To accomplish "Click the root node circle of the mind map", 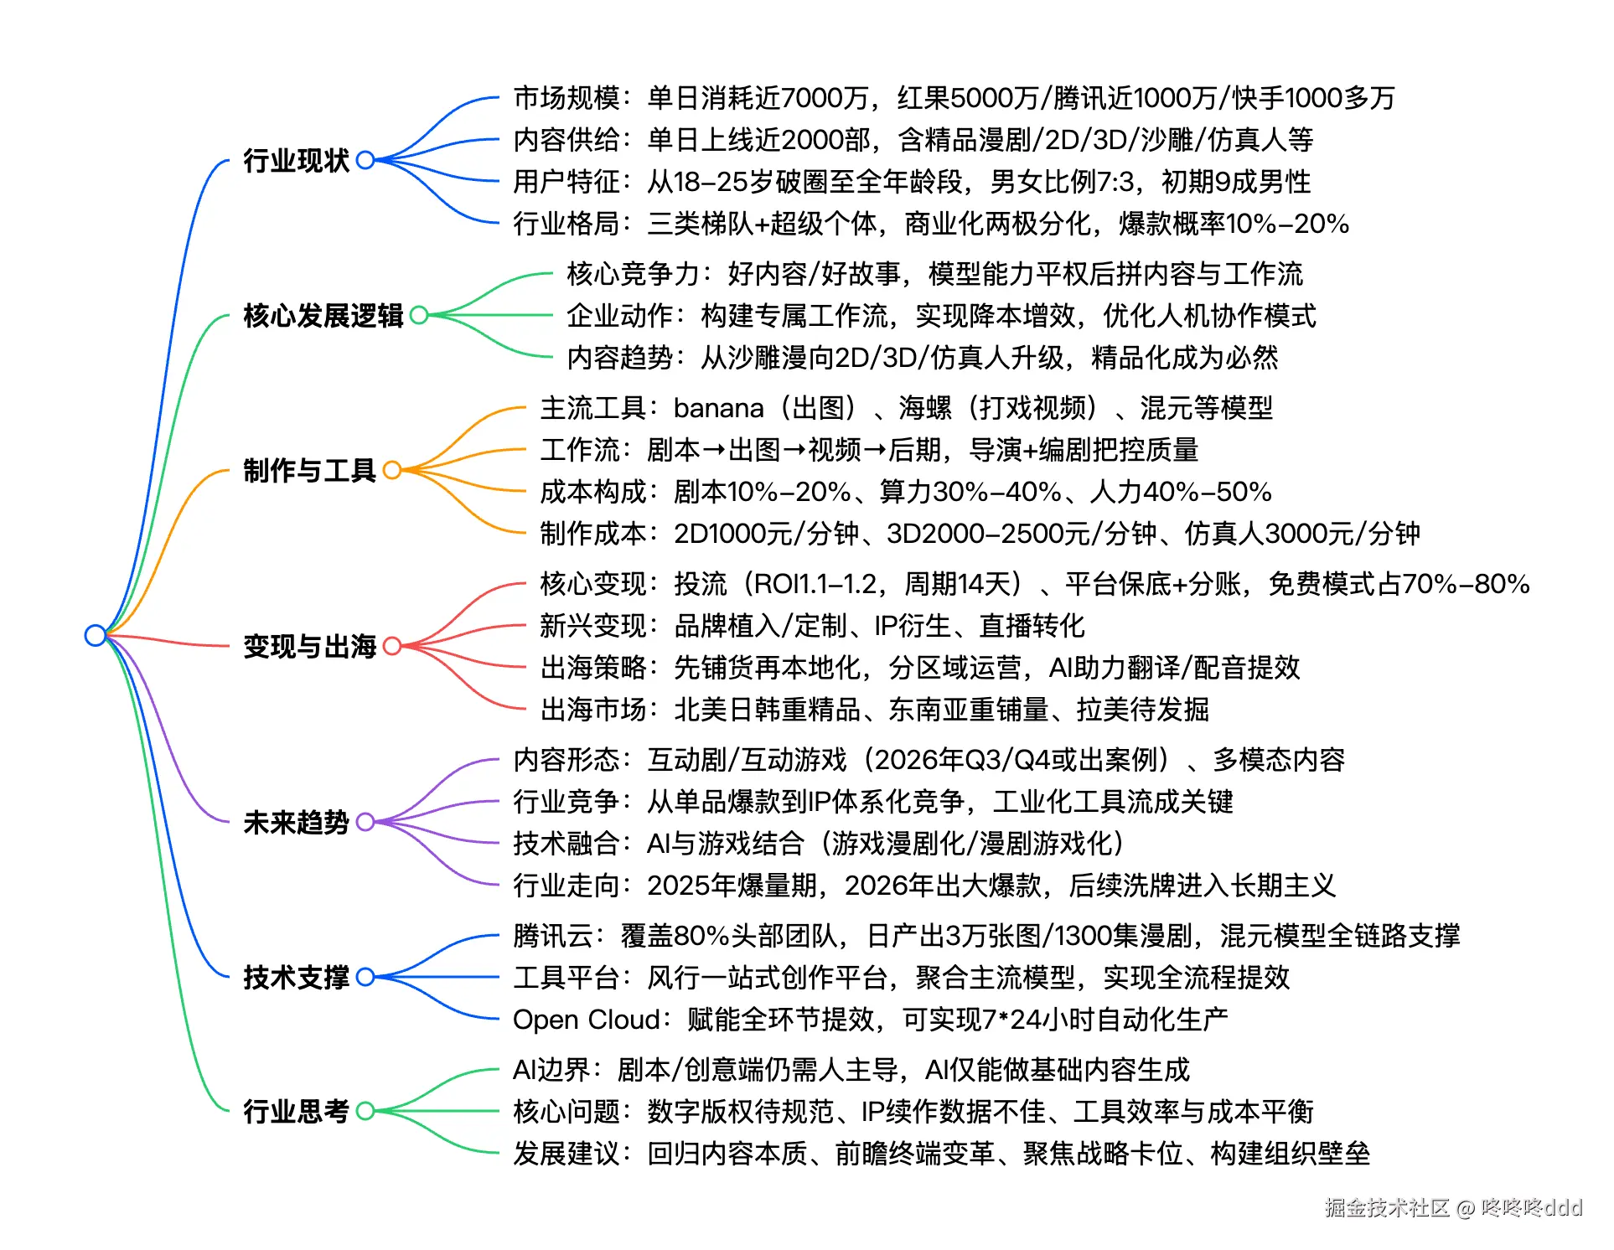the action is [x=96, y=635].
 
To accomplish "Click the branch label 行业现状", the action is [x=296, y=160].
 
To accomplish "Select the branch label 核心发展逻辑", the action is [x=323, y=315].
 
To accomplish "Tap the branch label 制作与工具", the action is [x=309, y=470].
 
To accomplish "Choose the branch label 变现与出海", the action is [x=309, y=646].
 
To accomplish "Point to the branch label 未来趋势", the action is [x=296, y=822].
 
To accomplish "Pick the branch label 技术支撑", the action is [x=296, y=977].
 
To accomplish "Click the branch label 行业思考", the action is [x=296, y=1111].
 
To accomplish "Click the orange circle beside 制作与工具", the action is [x=392, y=470].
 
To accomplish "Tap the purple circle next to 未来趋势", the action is [x=365, y=822].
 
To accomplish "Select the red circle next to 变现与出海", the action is [x=392, y=646].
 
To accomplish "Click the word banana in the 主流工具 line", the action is [x=718, y=408].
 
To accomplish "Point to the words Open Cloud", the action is [x=586, y=1020].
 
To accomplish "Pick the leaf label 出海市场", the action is [x=592, y=710].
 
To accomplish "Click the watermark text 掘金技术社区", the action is [x=1387, y=1207].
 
